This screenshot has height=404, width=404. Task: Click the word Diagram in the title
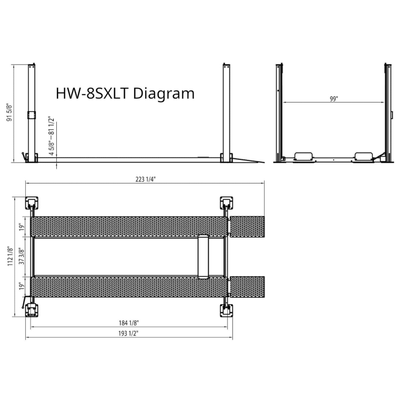click(x=164, y=94)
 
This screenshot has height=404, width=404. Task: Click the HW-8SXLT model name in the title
click(x=92, y=93)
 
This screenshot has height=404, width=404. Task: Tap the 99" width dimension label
click(x=334, y=99)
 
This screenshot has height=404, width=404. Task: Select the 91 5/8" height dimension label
click(x=9, y=113)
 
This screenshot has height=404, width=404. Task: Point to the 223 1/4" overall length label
click(x=146, y=179)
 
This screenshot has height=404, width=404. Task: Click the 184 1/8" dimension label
click(x=128, y=323)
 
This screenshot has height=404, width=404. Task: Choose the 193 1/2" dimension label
click(x=128, y=334)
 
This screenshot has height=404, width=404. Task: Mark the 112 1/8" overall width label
click(x=10, y=256)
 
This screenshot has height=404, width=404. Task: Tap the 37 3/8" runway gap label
click(x=22, y=256)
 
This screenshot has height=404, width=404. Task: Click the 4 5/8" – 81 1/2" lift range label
click(x=52, y=136)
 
